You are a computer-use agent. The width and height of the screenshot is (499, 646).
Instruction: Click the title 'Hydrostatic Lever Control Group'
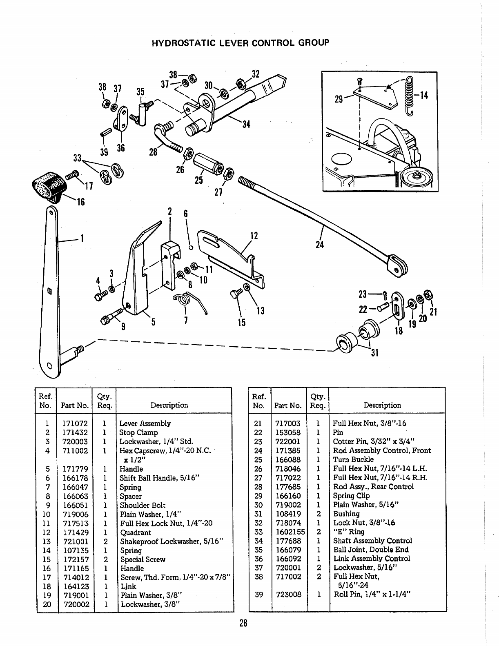240,43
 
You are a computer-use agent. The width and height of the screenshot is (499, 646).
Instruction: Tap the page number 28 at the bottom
243,624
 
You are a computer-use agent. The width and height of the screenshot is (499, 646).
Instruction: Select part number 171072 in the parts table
75,423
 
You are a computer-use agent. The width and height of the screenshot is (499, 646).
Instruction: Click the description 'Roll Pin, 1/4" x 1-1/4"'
372,594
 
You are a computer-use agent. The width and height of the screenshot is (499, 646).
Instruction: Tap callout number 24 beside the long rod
320,245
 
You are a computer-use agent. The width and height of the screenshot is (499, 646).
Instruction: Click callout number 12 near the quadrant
254,236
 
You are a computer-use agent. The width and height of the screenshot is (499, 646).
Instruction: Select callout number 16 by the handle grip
80,201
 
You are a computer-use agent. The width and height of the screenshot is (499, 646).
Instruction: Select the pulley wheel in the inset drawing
417,176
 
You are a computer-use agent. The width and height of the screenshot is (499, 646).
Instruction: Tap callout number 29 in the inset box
339,99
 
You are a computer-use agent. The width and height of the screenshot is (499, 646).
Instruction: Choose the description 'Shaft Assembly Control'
372,541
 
